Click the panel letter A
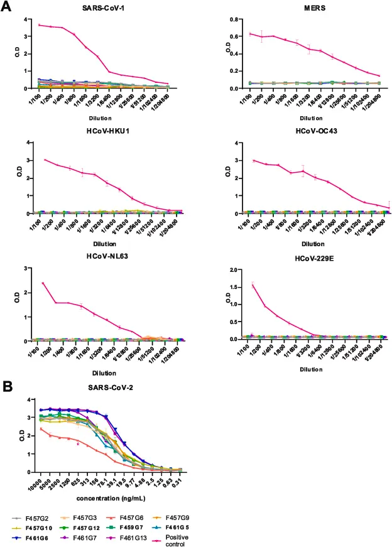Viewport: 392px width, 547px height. coord(7,8)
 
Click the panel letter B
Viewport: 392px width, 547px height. coord(7,387)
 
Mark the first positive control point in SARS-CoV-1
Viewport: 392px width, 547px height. coord(40,25)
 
